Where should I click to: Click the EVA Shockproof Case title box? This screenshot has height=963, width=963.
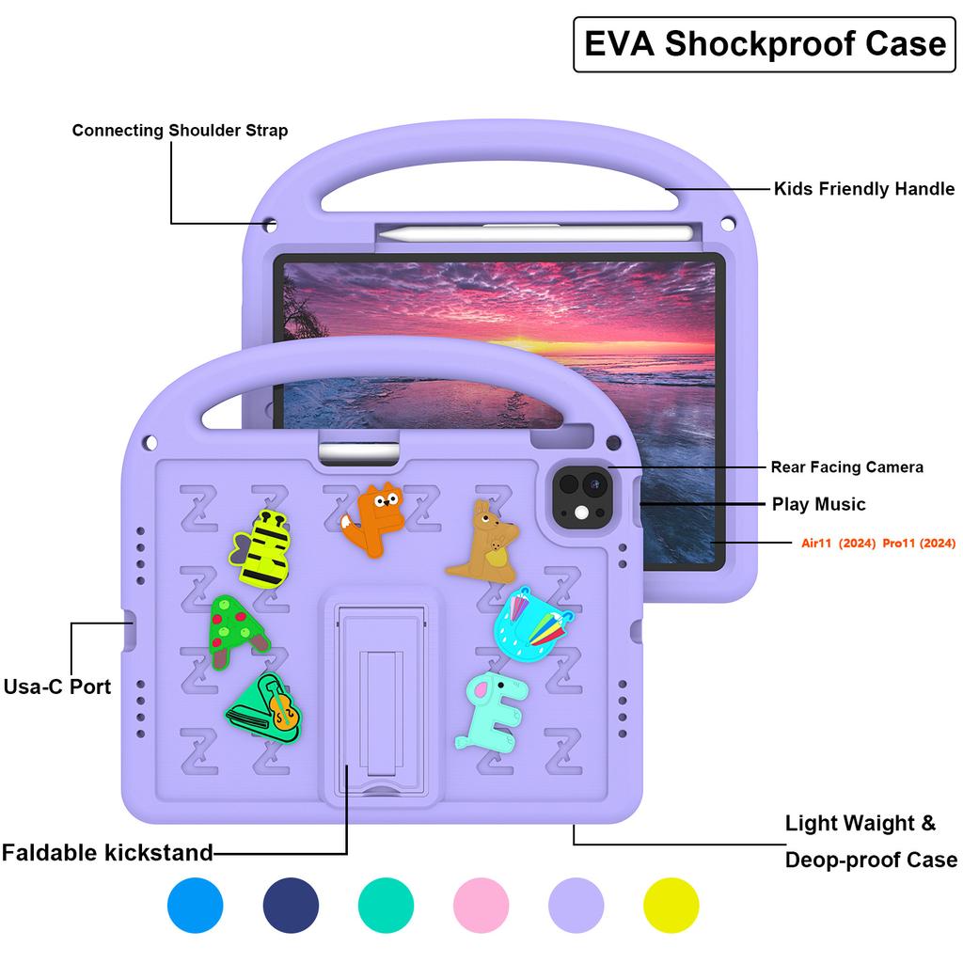click(x=765, y=44)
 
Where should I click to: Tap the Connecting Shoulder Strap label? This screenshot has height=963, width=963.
click(x=180, y=131)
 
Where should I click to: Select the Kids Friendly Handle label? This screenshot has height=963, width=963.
click(x=863, y=189)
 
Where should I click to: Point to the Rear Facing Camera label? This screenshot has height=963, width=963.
click(x=846, y=466)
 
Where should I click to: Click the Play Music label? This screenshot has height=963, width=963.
click(x=818, y=504)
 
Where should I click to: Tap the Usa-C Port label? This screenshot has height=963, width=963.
click(x=57, y=687)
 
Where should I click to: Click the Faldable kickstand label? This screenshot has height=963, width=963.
click(x=107, y=853)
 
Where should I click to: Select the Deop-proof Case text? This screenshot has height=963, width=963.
click(x=871, y=860)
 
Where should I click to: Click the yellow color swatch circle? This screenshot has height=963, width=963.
click(x=671, y=906)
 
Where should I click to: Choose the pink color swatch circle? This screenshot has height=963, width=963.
click(x=481, y=906)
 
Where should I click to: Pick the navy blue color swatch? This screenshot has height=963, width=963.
click(x=291, y=906)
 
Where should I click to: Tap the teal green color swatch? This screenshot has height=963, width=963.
click(x=386, y=906)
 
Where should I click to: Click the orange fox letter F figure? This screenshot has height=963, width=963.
click(x=373, y=520)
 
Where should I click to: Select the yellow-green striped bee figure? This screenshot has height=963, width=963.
click(x=258, y=549)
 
